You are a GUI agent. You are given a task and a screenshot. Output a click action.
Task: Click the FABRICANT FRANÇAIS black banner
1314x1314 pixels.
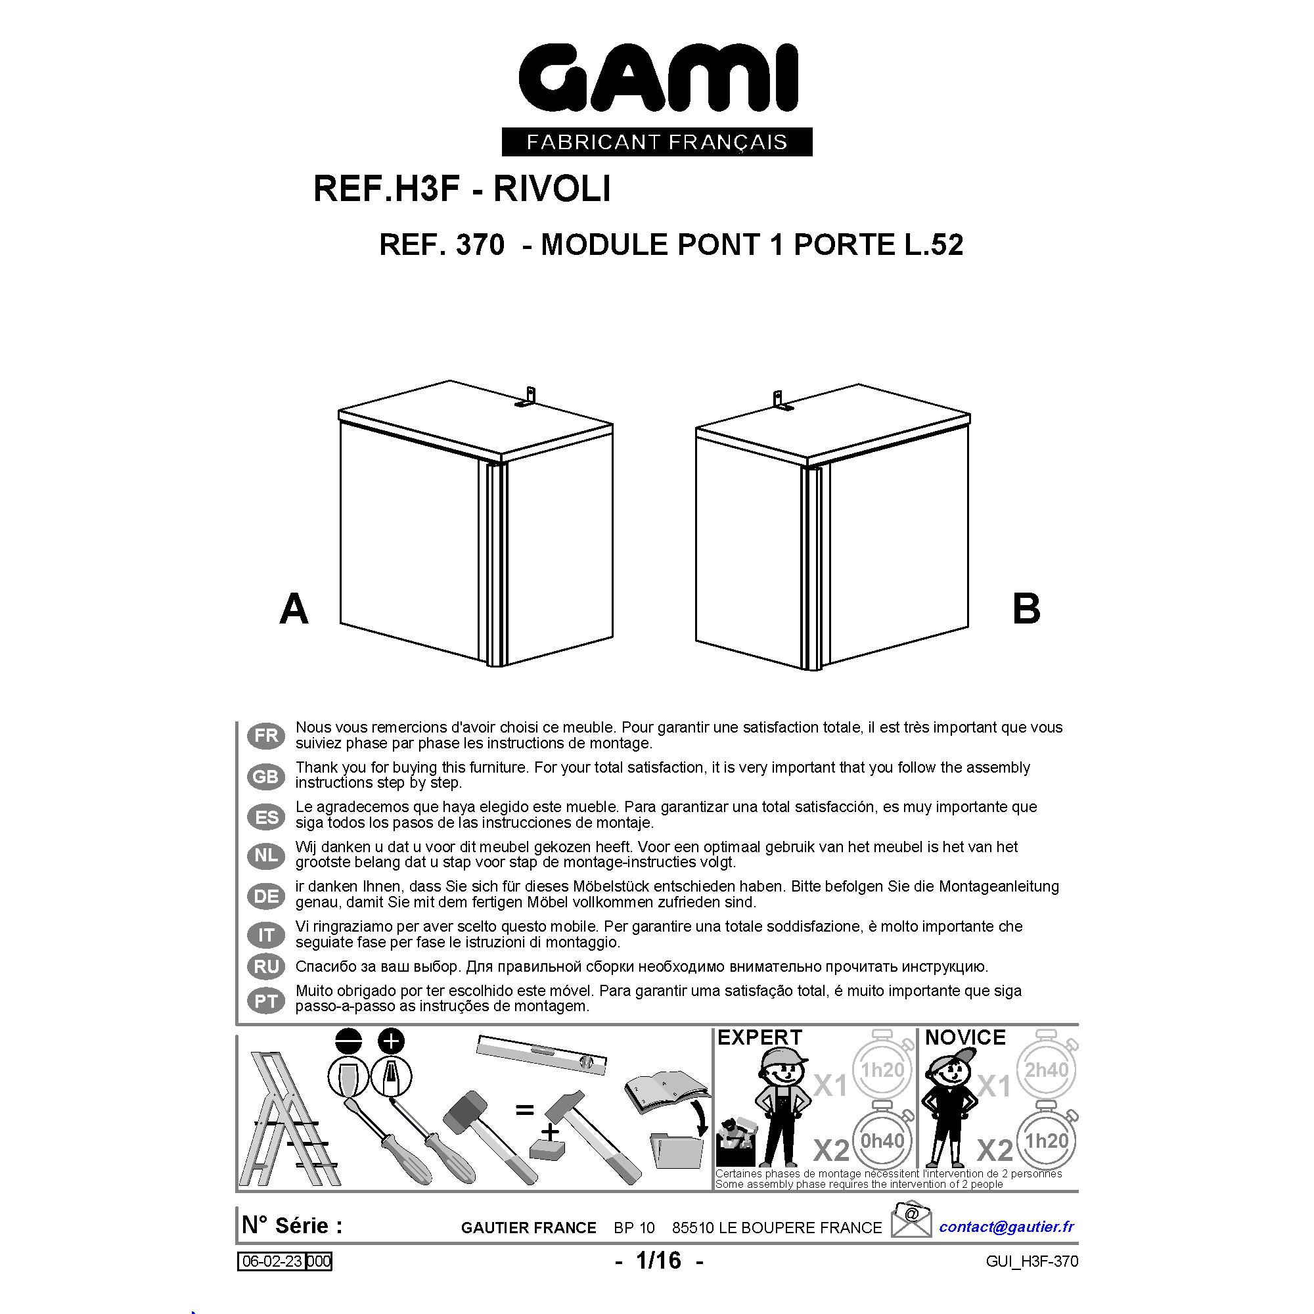(x=657, y=141)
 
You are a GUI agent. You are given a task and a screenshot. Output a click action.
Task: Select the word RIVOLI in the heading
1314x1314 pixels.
(x=552, y=189)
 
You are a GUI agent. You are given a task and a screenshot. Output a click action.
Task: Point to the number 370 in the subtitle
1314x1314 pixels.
(x=480, y=245)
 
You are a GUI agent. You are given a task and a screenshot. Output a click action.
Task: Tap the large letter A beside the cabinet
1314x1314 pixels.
(x=294, y=609)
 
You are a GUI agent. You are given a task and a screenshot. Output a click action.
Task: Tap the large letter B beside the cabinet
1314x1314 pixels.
(x=1026, y=609)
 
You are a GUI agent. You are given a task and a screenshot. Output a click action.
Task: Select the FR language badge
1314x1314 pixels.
(x=266, y=736)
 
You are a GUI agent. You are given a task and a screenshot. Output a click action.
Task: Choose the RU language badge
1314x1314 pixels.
(x=266, y=966)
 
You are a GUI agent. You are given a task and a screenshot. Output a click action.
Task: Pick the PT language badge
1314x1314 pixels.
(x=266, y=1001)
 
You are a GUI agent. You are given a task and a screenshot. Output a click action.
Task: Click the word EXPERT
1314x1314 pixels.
(x=759, y=1037)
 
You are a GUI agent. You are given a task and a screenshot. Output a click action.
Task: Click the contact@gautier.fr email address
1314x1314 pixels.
(x=1007, y=1226)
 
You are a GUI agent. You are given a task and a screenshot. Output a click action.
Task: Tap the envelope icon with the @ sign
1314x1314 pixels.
(x=911, y=1219)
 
